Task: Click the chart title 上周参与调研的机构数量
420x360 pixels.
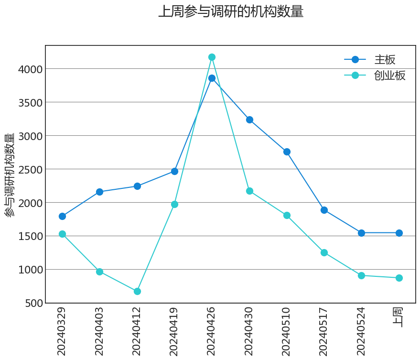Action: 231,11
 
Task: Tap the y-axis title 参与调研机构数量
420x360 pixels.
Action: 10,175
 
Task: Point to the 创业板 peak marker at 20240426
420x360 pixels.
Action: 212,57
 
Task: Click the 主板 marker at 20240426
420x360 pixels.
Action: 212,78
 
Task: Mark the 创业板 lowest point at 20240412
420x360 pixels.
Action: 137,291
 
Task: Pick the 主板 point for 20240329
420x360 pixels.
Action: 62,216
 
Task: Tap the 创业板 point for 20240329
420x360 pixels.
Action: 62,234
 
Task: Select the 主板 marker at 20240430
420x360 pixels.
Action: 249,120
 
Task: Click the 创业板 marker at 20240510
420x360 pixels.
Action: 287,216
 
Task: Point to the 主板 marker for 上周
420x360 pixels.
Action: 399,233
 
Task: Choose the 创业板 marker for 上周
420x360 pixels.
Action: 399,278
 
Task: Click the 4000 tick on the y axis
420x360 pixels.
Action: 30,69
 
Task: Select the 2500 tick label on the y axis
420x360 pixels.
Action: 30,170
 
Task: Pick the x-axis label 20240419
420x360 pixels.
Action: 174,331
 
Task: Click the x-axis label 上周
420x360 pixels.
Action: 398,317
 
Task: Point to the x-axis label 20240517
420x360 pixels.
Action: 324,331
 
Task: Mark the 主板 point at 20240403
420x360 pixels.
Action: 99,192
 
